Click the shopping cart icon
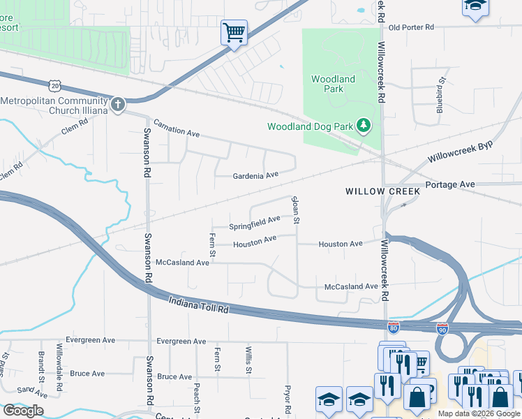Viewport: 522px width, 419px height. coord(234,32)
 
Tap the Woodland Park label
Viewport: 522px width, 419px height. coord(333,84)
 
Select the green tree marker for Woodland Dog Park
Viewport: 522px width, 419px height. coord(363,126)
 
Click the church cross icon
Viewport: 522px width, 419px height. coord(117,105)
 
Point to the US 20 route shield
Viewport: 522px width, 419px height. coord(57,85)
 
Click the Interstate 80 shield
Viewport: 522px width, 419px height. coord(394,326)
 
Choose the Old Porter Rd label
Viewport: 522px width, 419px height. coord(412,27)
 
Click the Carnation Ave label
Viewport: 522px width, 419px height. coord(177,128)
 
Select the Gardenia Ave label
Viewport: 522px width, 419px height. coord(255,175)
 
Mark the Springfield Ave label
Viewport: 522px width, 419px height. coord(255,223)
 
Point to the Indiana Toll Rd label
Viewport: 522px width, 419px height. coord(199,304)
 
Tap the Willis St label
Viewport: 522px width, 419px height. coord(248,360)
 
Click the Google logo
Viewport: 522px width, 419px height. coord(23,411)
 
